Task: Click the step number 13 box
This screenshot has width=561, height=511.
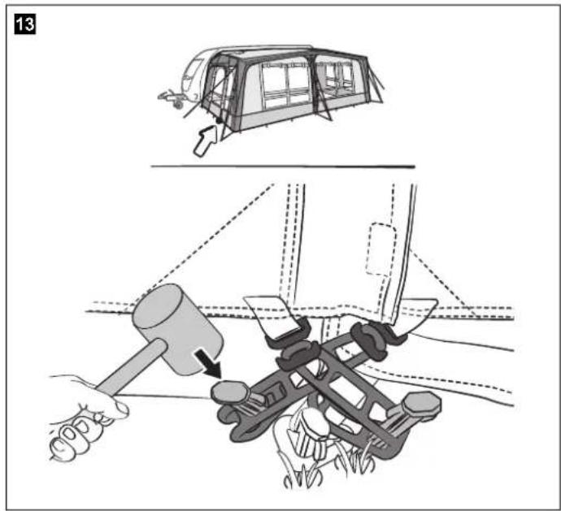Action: click(x=24, y=24)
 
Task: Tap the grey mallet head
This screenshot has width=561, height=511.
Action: click(x=178, y=329)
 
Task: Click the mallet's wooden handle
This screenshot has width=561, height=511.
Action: click(x=131, y=367)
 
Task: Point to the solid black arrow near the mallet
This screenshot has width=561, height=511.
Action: click(x=209, y=363)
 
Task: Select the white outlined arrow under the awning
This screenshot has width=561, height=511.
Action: click(x=206, y=141)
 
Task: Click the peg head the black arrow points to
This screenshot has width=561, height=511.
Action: click(x=229, y=392)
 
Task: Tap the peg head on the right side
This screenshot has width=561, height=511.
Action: click(x=421, y=403)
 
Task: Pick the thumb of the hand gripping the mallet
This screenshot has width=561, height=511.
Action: click(x=117, y=408)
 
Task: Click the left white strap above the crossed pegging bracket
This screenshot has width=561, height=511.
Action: click(x=272, y=314)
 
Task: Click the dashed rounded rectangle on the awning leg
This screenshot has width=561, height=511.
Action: click(x=381, y=249)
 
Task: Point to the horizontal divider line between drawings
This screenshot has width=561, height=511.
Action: click(x=283, y=167)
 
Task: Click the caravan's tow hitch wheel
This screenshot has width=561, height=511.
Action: click(x=178, y=104)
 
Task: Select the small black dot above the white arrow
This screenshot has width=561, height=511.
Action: click(x=218, y=121)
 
